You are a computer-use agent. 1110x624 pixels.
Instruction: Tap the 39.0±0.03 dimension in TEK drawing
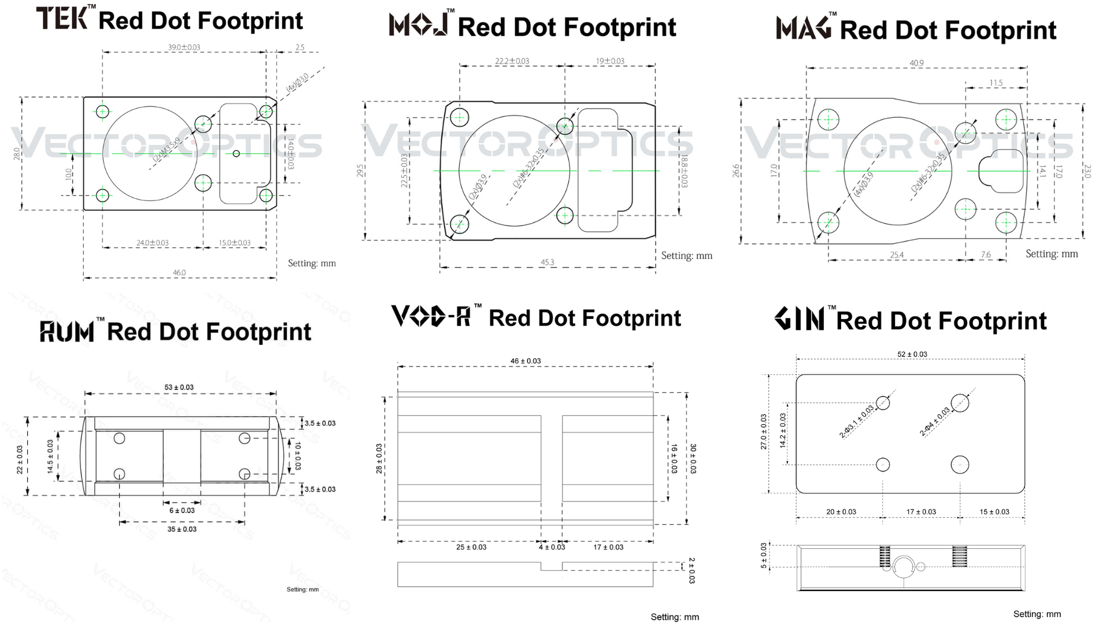(184, 47)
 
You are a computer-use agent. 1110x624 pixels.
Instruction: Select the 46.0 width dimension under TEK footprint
(179, 273)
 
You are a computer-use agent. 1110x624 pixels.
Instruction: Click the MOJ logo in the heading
(419, 25)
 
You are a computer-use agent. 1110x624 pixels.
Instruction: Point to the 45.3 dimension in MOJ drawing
(547, 262)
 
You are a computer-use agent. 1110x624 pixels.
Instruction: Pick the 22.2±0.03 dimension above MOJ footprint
(512, 61)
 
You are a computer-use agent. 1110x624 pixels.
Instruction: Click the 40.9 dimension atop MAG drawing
(916, 63)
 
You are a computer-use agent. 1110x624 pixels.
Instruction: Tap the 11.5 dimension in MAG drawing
(996, 83)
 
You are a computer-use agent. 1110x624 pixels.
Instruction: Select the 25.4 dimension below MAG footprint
(897, 255)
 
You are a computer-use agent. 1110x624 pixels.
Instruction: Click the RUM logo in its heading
(67, 332)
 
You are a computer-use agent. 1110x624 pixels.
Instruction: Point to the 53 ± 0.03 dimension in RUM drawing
(179, 388)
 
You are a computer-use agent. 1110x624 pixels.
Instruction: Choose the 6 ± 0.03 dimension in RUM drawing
(182, 511)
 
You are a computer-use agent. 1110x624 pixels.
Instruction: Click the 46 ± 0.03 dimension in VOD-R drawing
(526, 361)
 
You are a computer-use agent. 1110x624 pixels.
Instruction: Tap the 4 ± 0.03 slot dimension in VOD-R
(552, 547)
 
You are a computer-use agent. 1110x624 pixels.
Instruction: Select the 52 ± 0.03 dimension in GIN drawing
(912, 354)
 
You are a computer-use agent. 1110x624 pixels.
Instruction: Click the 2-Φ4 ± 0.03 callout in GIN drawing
(934, 422)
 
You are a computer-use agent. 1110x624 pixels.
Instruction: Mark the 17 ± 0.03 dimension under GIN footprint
(921, 512)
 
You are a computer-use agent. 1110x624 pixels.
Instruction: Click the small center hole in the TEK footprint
(236, 154)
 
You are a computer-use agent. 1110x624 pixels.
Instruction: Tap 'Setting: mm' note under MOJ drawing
(686, 255)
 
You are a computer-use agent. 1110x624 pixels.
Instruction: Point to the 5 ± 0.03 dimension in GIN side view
(764, 556)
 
